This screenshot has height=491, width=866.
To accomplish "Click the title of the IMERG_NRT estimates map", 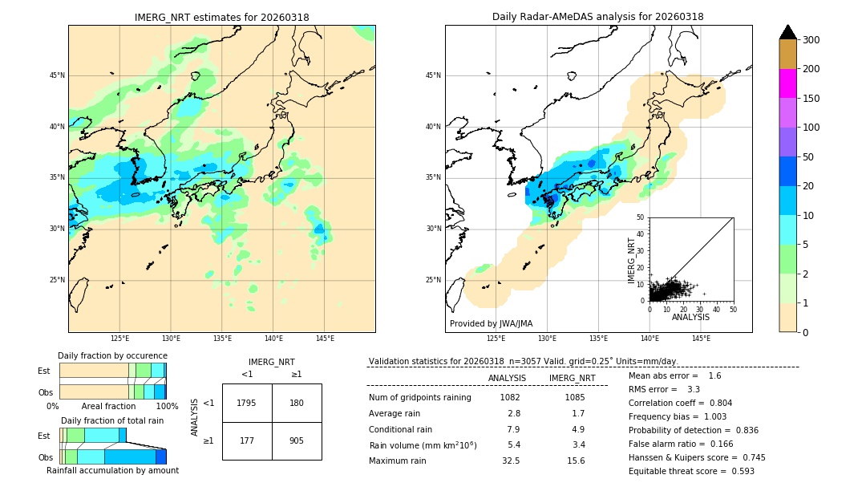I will (221, 17).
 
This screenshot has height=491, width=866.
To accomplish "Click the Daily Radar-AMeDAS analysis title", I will (597, 17).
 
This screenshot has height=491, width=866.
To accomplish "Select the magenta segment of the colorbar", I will (787, 83).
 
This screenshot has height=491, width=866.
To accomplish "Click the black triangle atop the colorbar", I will (787, 32).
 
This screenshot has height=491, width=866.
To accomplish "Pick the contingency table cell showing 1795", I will (247, 403).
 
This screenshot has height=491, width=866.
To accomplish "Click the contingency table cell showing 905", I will (297, 440).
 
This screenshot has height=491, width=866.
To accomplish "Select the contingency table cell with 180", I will (297, 403).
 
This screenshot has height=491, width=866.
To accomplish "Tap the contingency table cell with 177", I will (247, 440).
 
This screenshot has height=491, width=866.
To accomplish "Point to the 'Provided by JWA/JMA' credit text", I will (491, 323).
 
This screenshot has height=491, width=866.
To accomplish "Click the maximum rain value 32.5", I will (510, 461).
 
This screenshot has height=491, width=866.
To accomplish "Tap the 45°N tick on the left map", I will (56, 75).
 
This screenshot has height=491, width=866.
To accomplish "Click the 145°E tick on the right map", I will (701, 339).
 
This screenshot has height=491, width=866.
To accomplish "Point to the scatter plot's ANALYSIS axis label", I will (690, 317).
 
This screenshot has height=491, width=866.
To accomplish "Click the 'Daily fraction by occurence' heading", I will (112, 355).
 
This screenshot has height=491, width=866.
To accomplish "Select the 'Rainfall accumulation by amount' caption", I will (112, 470).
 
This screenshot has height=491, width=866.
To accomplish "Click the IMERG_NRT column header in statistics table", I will (572, 378).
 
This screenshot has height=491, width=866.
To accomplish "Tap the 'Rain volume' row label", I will (423, 445).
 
